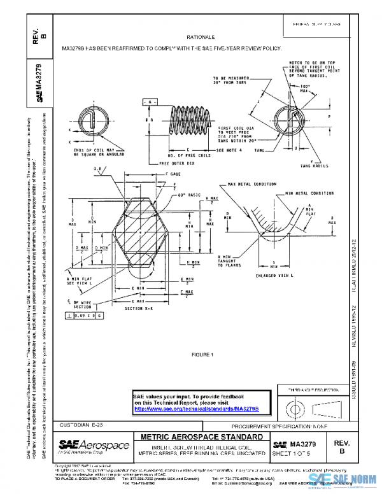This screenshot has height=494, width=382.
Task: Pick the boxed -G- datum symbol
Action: point(150,102)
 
